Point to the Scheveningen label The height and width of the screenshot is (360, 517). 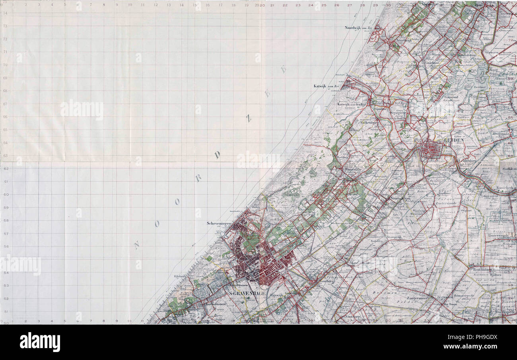pos(219,224)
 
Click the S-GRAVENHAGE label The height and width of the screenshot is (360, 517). pos(247,293)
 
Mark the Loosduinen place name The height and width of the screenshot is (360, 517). pos(216,304)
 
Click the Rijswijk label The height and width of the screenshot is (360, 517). pos(275,295)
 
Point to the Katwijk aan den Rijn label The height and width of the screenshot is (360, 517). pos(351,104)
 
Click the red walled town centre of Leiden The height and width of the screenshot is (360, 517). pos(431,150)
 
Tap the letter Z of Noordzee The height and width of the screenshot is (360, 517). pos(249,118)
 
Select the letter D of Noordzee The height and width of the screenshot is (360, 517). pos(218,155)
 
